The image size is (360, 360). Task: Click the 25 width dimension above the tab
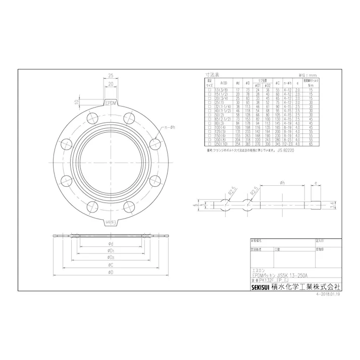tap(110, 75)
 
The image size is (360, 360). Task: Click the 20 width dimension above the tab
tap(110, 84)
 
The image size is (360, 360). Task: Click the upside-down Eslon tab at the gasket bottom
tap(111, 222)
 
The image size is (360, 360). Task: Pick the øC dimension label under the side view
tap(111, 265)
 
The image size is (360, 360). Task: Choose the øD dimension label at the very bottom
tap(111, 273)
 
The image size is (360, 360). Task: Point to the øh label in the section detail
tap(279, 183)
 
